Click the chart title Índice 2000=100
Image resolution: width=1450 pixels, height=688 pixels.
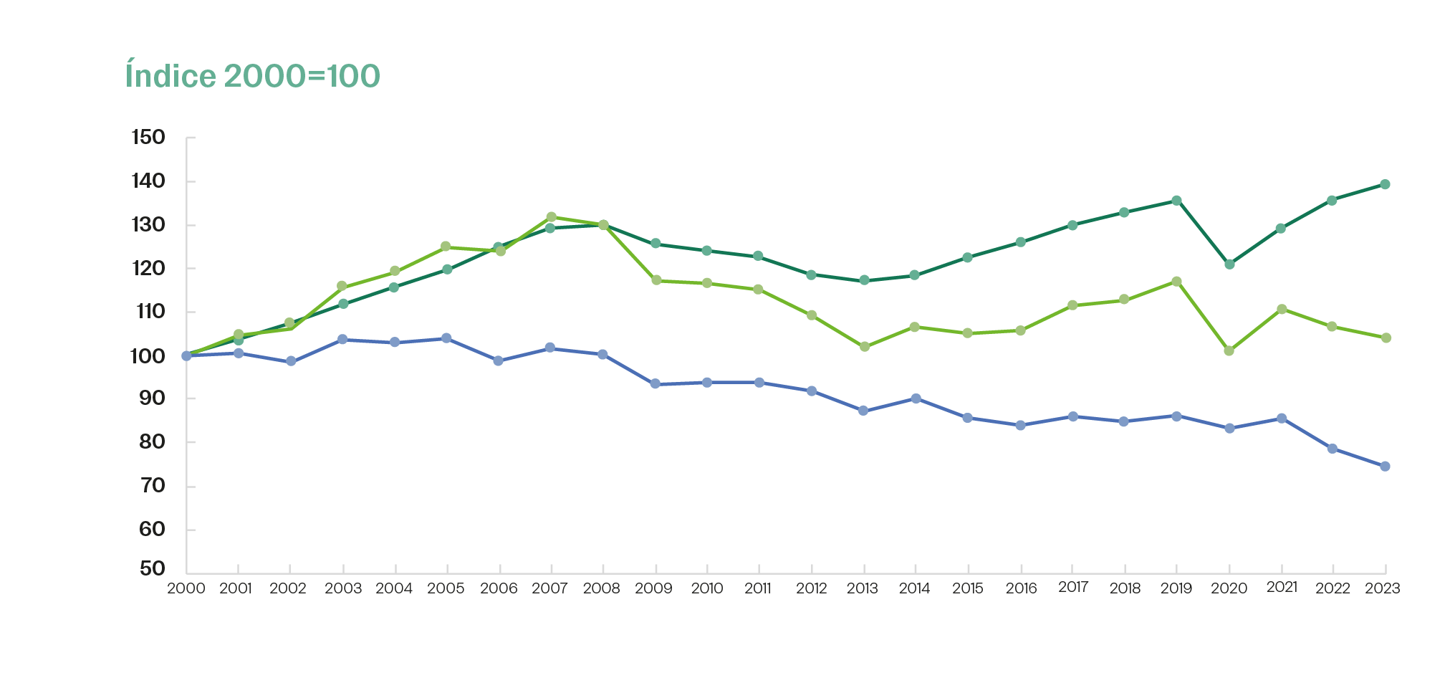[x=252, y=76]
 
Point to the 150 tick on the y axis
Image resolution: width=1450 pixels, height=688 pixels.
[x=148, y=137]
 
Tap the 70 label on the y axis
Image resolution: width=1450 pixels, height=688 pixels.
[x=152, y=486]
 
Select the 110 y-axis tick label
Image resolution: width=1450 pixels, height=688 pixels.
[x=148, y=312]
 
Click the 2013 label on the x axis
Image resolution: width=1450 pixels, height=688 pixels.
[x=862, y=588]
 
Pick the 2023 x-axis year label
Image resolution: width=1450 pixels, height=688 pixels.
[x=1382, y=588]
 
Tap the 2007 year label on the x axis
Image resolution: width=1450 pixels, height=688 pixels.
[x=549, y=588]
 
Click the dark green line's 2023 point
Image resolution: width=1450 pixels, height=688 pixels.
[x=1385, y=184]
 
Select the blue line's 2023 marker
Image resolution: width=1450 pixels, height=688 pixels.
[x=1385, y=467]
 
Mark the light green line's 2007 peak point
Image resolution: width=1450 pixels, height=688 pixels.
[x=551, y=216]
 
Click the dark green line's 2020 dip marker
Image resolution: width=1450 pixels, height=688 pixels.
[x=1229, y=264]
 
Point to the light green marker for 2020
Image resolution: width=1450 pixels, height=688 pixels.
[x=1229, y=351]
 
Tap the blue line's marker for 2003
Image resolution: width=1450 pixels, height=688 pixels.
[x=342, y=339]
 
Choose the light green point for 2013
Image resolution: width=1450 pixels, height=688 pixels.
[x=864, y=347]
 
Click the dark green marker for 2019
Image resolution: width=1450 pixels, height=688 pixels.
[x=1176, y=201]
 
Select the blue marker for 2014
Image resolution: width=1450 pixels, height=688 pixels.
[x=916, y=398]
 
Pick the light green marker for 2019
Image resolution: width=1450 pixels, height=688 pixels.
[x=1176, y=282]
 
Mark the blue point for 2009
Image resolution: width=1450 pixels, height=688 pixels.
[x=655, y=384]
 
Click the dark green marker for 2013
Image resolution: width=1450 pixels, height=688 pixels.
[x=864, y=280]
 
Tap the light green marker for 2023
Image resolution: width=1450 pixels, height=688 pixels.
[x=1386, y=338]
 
